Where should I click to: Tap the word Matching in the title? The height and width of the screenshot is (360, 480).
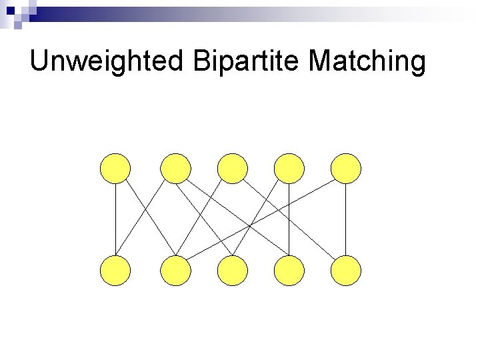(x=367, y=63)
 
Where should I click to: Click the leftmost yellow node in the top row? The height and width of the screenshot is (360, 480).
(x=115, y=168)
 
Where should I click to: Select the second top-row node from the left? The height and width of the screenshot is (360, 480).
(x=176, y=168)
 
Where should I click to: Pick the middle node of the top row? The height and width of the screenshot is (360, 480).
(x=233, y=168)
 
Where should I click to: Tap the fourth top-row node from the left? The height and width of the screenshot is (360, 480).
(x=289, y=168)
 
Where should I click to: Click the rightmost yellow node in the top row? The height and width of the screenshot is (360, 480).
(x=346, y=168)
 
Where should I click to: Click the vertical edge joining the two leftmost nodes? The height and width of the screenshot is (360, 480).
(x=115, y=220)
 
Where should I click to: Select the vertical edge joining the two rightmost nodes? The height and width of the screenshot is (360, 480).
(x=346, y=220)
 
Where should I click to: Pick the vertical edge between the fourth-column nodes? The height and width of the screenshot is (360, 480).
(x=289, y=220)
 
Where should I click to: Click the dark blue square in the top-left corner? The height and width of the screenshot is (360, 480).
(x=11, y=11)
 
